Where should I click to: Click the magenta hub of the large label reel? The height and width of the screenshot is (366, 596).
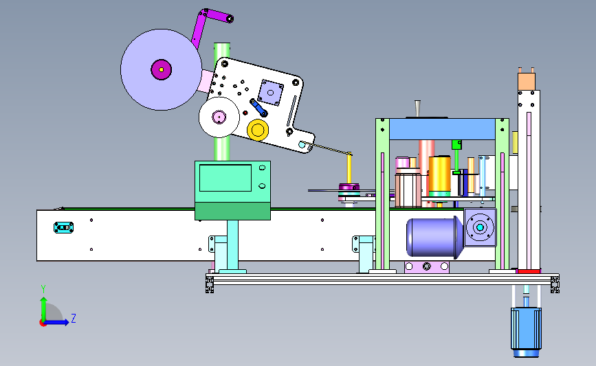[x=161, y=69]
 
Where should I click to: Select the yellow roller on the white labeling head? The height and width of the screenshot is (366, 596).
[x=258, y=130]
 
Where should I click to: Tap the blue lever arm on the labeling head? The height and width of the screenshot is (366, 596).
[x=258, y=107]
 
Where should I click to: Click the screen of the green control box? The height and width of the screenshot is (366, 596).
[x=225, y=178]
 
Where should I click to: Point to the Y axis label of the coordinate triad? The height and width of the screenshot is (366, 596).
[x=43, y=289]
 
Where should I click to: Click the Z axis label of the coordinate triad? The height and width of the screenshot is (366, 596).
[x=74, y=318]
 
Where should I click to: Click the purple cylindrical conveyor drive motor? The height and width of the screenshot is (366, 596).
[x=434, y=238]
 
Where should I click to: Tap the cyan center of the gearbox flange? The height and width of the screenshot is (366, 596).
[x=480, y=227]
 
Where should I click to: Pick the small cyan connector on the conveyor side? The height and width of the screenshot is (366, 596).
[x=63, y=227]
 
